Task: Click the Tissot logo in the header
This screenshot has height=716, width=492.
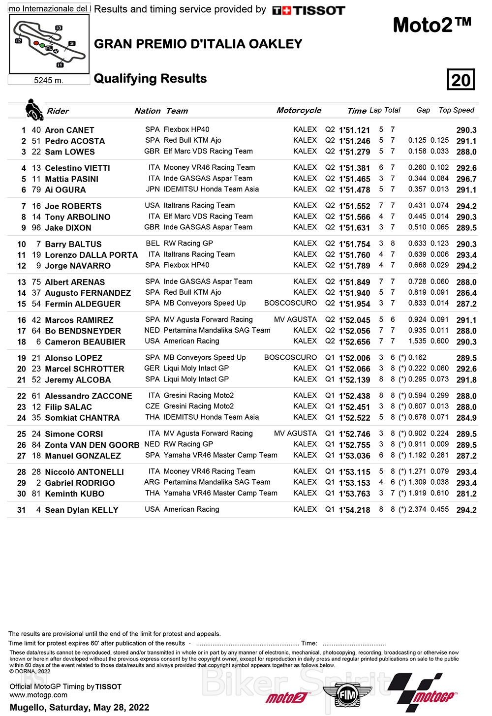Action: pyautogui.click(x=308, y=10)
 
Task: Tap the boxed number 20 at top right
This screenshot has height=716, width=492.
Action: pyautogui.click(x=461, y=80)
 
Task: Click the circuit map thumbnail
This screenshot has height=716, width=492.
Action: pyautogui.click(x=49, y=44)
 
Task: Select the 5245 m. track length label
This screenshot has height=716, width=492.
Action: pyautogui.click(x=49, y=80)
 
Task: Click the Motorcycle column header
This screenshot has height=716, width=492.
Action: pyautogui.click(x=299, y=110)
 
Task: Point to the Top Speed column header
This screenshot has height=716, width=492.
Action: pyautogui.click(x=456, y=110)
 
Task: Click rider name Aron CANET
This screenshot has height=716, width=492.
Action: pyautogui.click(x=69, y=130)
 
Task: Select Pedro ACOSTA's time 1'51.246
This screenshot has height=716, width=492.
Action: pyautogui.click(x=354, y=141)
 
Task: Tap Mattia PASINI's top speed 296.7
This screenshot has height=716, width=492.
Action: pyautogui.click(x=466, y=179)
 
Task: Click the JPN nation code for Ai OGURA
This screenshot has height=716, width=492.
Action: pyautogui.click(x=153, y=189)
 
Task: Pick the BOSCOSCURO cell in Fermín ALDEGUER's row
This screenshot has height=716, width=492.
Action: pyautogui.click(x=290, y=303)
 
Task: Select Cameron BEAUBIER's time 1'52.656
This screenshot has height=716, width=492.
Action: pyautogui.click(x=354, y=342)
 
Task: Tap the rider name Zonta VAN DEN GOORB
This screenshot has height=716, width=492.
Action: pyautogui.click(x=92, y=445)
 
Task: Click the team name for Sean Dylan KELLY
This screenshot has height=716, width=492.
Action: pyautogui.click(x=191, y=509)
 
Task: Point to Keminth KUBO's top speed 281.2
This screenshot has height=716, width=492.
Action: pyautogui.click(x=466, y=494)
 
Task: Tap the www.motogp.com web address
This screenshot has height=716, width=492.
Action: pyautogui.click(x=38, y=695)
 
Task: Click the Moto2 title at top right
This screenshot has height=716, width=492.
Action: pyautogui.click(x=432, y=25)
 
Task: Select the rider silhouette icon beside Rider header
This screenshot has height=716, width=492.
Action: pyautogui.click(x=34, y=110)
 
